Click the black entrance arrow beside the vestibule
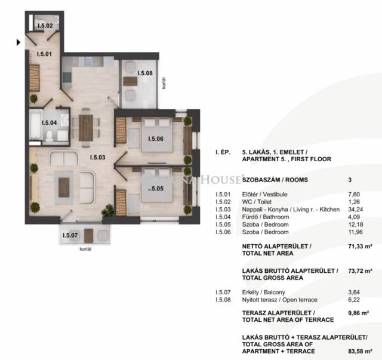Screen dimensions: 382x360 pos(19,42)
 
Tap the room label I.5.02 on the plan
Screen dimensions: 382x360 pos(45,26)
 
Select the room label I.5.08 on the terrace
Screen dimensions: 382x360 pos(145,73)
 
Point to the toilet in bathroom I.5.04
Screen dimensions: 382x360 pos(50,136)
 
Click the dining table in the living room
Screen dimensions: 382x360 pos(86,128)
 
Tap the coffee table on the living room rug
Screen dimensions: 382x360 pos(64,187)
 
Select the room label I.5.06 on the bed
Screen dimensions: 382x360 pos(156,139)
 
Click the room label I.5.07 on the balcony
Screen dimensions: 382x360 pos(70,235)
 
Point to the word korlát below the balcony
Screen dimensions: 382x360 pos(85,249)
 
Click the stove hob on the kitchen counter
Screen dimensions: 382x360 pos(67,77)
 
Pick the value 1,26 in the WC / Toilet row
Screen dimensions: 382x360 pos(354,202)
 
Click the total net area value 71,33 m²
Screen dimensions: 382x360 pos(360,247)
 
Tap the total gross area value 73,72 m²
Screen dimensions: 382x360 pos(360,271)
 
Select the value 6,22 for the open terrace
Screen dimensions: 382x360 pos(354,300)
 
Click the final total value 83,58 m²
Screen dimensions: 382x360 pos(360,351)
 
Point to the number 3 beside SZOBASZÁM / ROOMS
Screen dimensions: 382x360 pos(350,180)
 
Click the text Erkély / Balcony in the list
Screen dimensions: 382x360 pos(264,293)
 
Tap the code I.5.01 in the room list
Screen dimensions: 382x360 pos(223,194)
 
